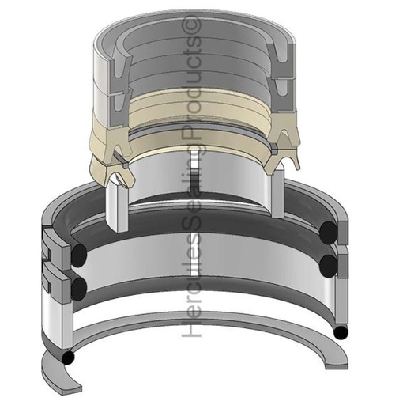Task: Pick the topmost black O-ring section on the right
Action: pos(331,230)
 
